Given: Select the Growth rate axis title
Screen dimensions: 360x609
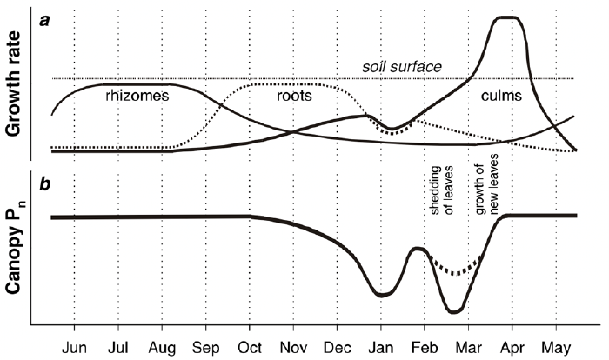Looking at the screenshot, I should [x=15, y=83].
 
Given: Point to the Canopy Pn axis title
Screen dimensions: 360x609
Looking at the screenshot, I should [x=15, y=252].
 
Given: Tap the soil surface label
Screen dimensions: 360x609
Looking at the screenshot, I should [x=401, y=67].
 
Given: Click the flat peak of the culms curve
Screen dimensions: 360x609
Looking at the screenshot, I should [x=507, y=17].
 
